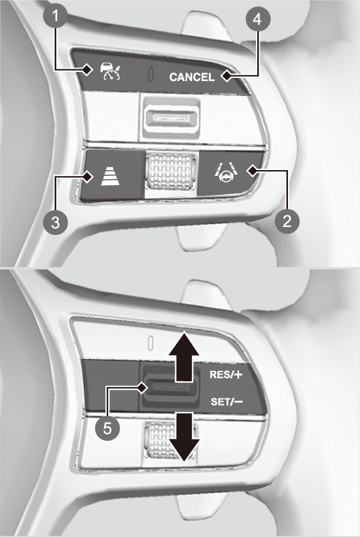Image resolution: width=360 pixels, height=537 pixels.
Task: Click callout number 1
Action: pyautogui.click(x=55, y=16)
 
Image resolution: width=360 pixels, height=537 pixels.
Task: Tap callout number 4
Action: pyautogui.click(x=258, y=20)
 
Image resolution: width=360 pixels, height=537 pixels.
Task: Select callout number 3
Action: pyautogui.click(x=55, y=222)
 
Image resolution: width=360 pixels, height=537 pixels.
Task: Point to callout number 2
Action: pyautogui.click(x=287, y=221)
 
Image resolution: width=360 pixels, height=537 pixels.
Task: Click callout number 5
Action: pyautogui.click(x=107, y=428)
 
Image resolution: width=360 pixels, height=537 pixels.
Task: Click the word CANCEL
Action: pyautogui.click(x=192, y=77)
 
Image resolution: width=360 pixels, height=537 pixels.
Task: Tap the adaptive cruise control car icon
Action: pyautogui.click(x=110, y=71)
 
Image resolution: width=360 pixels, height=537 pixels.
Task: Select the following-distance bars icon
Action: pyautogui.click(x=111, y=177)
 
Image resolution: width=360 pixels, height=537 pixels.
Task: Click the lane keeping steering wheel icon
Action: pyautogui.click(x=226, y=173)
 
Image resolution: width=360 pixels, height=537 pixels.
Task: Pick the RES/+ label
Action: pyautogui.click(x=226, y=374)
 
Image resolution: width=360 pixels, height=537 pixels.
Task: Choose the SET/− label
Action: pyautogui.click(x=226, y=401)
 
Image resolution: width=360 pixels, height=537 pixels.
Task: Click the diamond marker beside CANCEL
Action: pyautogui.click(x=226, y=76)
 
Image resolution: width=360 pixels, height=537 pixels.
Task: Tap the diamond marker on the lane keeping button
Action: pyautogui.click(x=253, y=170)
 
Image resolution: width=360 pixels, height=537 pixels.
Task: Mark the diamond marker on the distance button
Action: pyautogui.click(x=88, y=177)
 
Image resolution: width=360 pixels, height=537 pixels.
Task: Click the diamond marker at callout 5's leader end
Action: pyautogui.click(x=142, y=388)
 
